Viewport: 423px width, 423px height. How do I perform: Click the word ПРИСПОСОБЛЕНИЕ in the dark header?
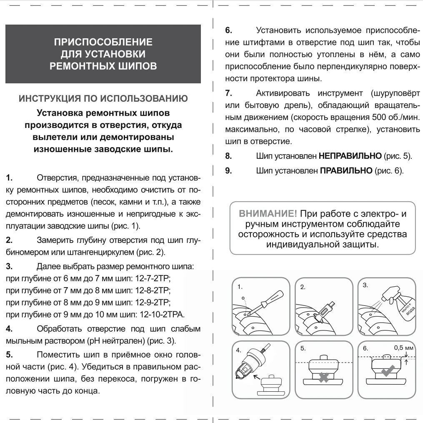coord(103,42)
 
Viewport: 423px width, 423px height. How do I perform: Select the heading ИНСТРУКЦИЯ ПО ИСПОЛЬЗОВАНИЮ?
coord(103,100)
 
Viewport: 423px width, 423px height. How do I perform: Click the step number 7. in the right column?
coord(228,93)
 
